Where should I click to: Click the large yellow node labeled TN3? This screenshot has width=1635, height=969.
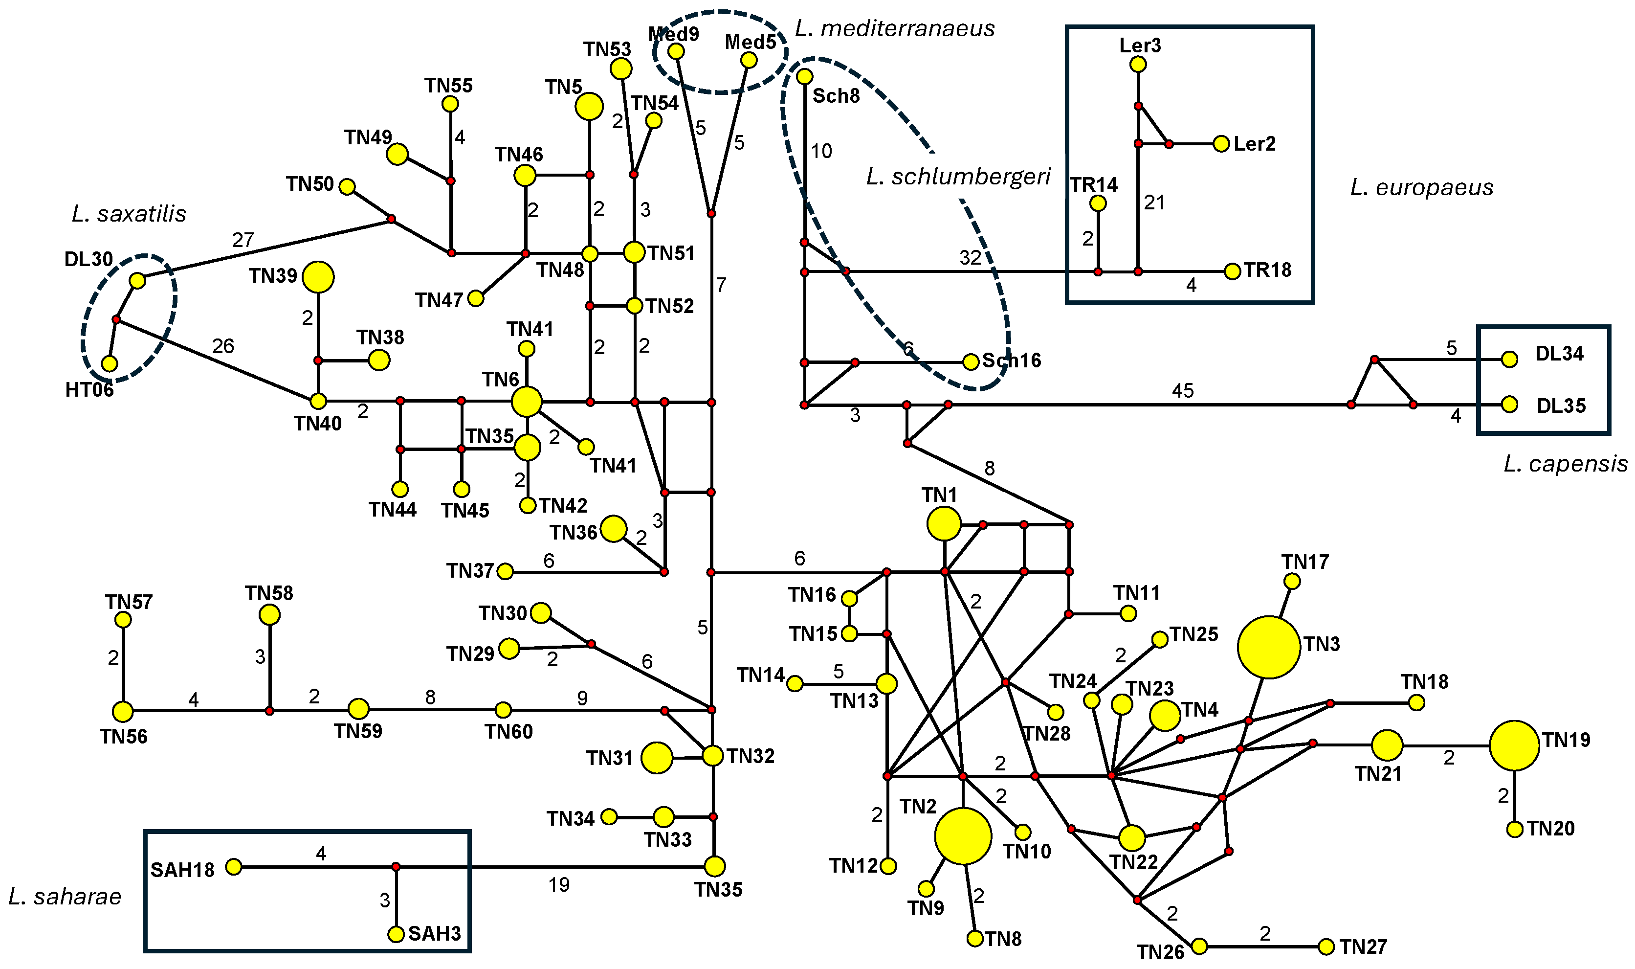(1268, 647)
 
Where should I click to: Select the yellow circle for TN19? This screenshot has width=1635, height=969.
(1514, 745)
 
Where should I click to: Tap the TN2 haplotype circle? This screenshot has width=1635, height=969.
(963, 836)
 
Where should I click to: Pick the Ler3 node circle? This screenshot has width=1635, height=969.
(1138, 64)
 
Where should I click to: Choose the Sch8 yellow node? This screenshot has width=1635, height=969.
(805, 76)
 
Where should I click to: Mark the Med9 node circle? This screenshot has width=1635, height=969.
(676, 51)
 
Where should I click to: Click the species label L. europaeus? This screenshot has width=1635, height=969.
(1421, 188)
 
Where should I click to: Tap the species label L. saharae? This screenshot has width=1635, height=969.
(65, 897)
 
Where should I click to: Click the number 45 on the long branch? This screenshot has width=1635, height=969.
(1183, 390)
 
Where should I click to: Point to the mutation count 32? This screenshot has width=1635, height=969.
(971, 257)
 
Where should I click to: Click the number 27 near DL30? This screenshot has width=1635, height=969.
(243, 240)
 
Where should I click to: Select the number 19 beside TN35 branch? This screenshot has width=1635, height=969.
(559, 885)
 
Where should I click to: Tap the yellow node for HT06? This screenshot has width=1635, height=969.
(110, 363)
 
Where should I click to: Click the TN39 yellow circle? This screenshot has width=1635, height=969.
(318, 277)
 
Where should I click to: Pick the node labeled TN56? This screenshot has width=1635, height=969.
(123, 711)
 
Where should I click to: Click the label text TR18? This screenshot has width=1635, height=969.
(1267, 270)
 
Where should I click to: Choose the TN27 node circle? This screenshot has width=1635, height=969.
(1326, 946)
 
